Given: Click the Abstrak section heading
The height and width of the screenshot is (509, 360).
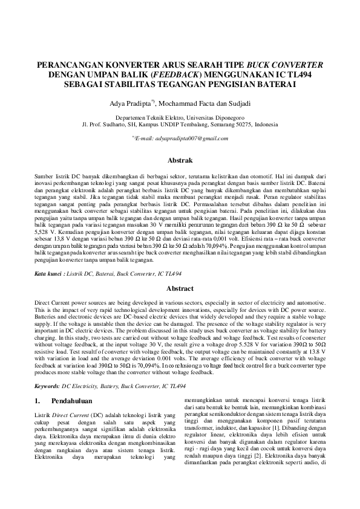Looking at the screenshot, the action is pos(180,161).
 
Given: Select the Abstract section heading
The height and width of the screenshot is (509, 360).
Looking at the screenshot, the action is pos(180,289).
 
